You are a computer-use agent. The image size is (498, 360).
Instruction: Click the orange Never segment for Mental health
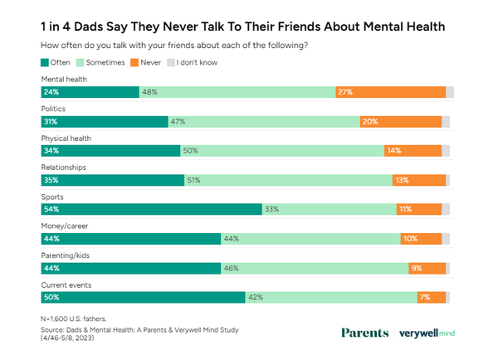390,92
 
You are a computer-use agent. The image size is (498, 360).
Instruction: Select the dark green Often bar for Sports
151,210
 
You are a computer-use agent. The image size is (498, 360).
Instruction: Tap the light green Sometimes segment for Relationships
288,180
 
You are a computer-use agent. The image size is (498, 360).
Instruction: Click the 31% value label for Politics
51,121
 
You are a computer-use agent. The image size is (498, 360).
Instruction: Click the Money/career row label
65,226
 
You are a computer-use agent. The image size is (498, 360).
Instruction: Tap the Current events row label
67,285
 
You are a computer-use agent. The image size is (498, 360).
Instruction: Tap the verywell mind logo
427,333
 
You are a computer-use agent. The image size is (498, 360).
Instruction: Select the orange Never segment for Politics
401,121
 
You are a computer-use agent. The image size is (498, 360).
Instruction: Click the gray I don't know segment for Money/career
446,239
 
